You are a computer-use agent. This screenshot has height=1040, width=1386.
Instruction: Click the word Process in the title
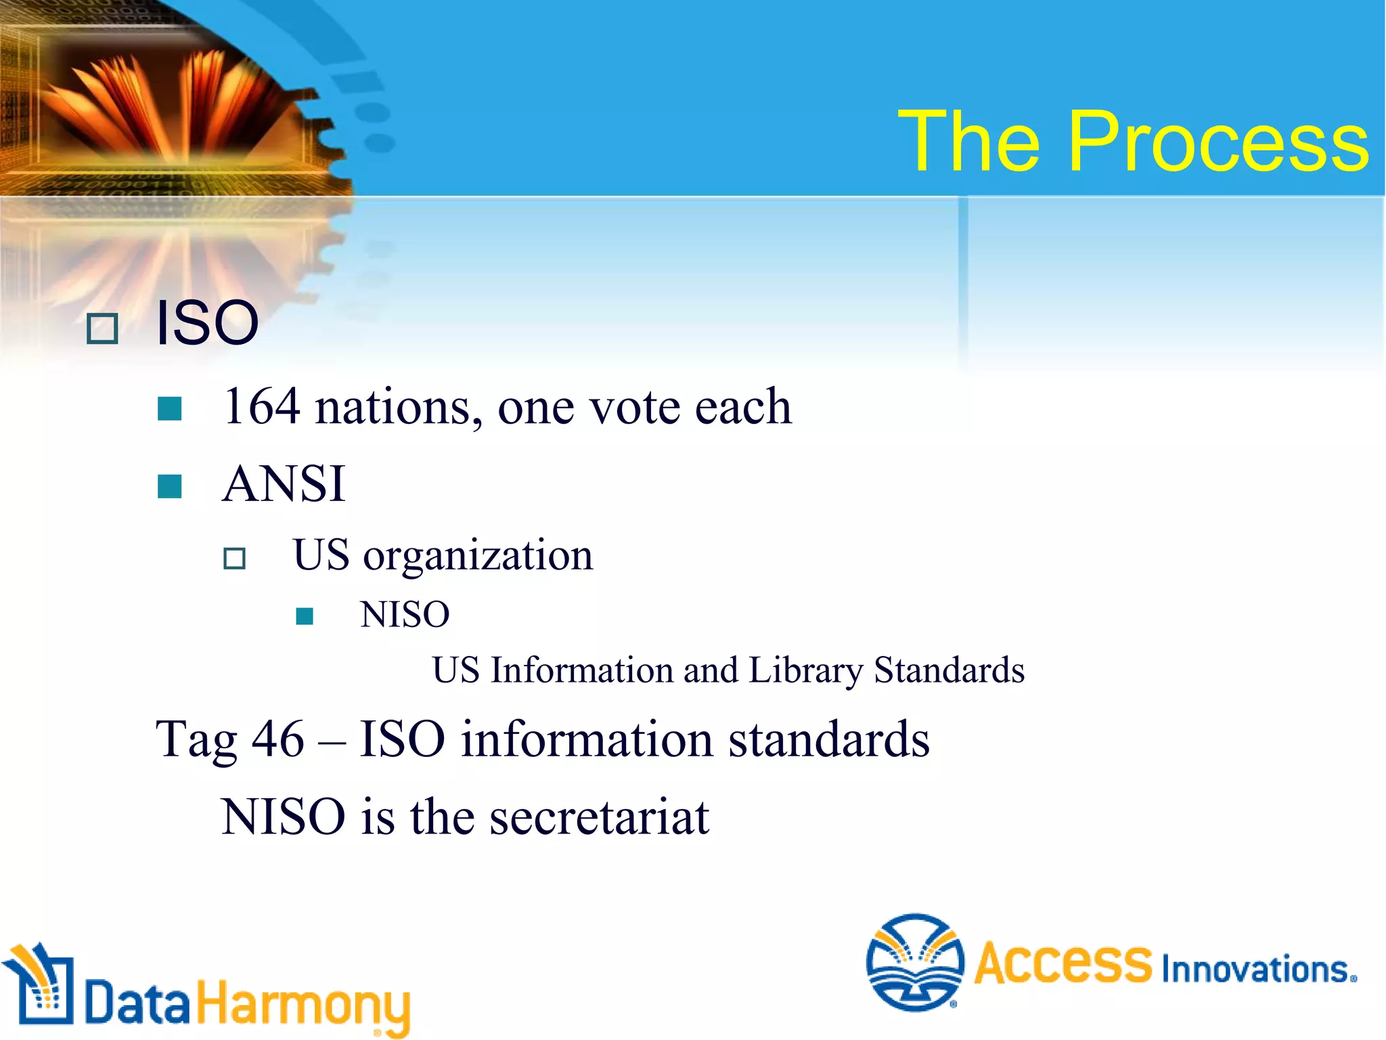pos(1218,142)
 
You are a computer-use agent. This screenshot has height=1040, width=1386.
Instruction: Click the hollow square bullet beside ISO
pos(103,329)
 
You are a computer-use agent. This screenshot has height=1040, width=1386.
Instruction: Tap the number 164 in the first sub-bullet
pos(262,407)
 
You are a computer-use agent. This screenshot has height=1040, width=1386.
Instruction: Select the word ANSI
pos(284,484)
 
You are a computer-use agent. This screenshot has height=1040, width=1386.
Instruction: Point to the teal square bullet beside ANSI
pos(169,486)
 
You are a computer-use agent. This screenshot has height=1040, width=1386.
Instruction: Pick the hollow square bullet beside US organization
pos(234,559)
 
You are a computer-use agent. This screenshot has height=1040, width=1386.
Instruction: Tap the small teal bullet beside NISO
pos(305,615)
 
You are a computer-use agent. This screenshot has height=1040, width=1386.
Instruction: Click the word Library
pos(805,670)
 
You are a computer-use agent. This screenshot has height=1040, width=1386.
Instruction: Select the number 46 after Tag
pos(277,739)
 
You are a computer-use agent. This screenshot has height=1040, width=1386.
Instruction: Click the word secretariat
pos(599,817)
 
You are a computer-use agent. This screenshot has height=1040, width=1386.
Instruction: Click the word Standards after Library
pos(949,670)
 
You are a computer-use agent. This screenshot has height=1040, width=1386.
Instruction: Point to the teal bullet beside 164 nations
pos(169,409)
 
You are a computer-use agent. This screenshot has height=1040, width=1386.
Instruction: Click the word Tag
pos(196,739)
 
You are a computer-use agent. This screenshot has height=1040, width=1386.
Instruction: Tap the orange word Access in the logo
pos(1063,962)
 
